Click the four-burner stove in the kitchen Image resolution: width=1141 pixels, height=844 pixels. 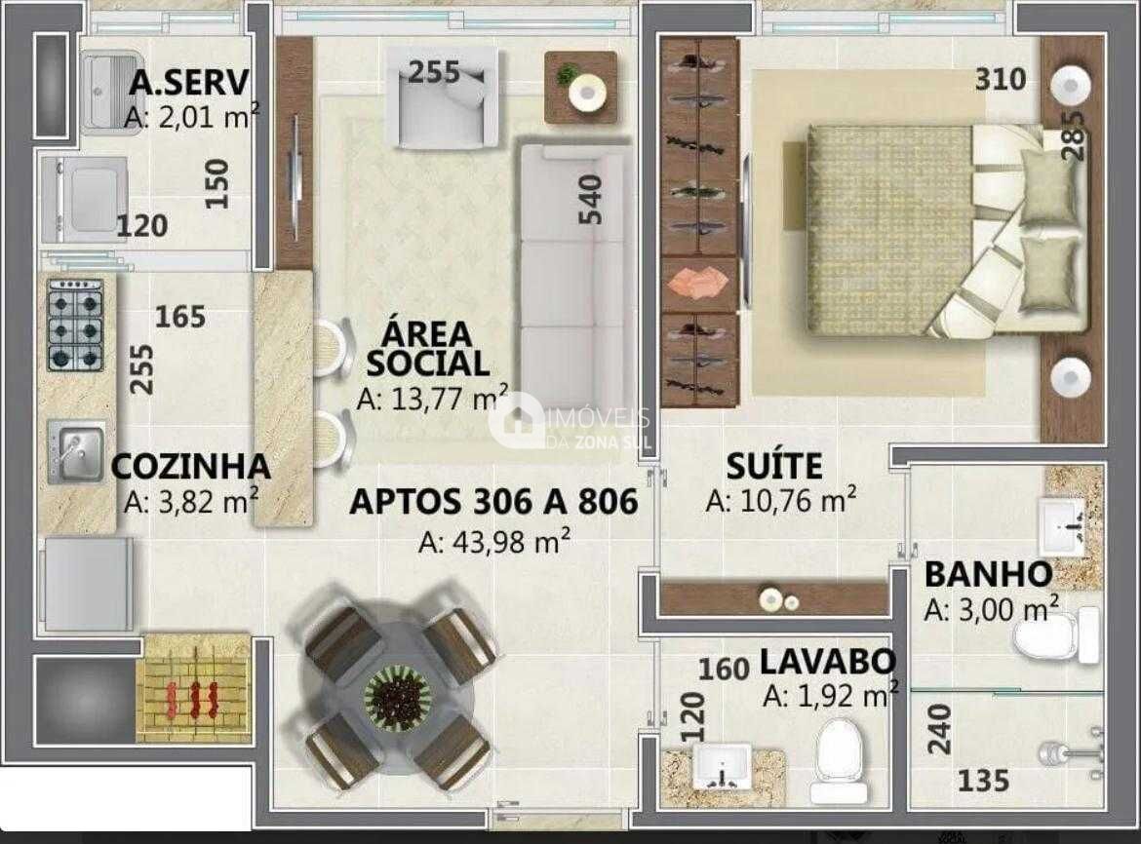(x=75, y=326)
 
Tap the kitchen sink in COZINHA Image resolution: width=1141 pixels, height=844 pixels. (x=75, y=451)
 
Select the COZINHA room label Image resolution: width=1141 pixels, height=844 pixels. (x=190, y=467)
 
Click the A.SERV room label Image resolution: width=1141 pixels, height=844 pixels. (x=189, y=83)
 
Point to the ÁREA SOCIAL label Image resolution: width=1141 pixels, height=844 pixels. (x=426, y=349)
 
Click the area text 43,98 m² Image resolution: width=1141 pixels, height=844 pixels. (x=494, y=541)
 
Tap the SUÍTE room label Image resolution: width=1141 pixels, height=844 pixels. (x=774, y=466)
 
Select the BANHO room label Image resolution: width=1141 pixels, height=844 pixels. (x=988, y=574)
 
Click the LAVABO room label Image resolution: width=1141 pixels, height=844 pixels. (x=827, y=662)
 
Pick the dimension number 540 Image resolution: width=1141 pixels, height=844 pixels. (x=590, y=200)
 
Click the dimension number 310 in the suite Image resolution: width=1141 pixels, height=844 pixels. (x=1001, y=79)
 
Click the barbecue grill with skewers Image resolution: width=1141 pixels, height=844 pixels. (x=193, y=688)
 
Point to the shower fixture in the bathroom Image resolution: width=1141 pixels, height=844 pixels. (x=1068, y=751)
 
